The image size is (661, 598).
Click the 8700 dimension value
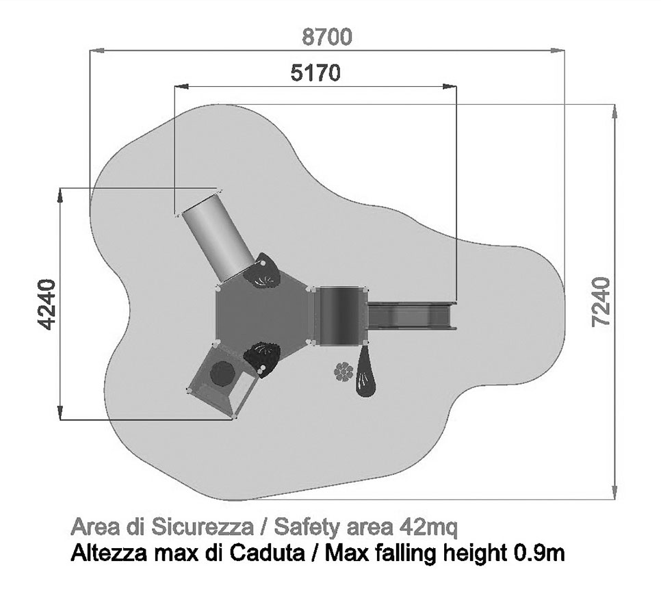click(327, 37)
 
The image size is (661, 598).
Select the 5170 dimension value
click(315, 73)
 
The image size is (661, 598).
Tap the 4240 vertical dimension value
click(47, 304)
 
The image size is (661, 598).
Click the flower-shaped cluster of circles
click(344, 372)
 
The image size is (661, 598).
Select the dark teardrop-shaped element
click(365, 371)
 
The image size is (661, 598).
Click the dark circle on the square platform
click(222, 374)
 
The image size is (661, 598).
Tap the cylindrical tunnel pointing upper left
click(218, 237)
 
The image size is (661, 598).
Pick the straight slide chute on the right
click(412, 315)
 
